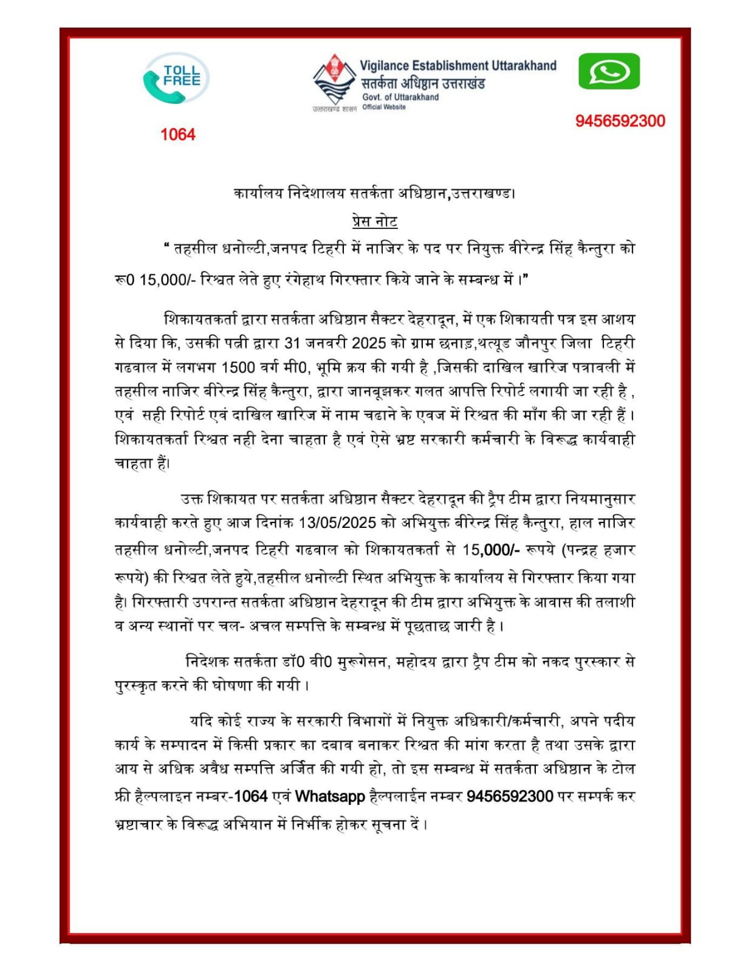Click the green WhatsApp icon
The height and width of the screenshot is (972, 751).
coord(608,71)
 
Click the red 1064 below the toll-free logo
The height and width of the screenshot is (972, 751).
coord(177,134)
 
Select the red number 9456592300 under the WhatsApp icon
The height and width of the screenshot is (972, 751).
coord(620,121)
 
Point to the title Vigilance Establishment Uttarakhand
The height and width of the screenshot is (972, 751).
coord(458,66)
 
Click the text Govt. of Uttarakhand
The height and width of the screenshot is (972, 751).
coord(400,97)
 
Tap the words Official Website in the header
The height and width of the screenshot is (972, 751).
coord(384,107)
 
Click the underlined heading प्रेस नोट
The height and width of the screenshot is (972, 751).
coord(375,221)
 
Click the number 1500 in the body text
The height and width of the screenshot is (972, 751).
coord(241,367)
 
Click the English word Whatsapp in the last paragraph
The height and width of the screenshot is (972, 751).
coord(330,796)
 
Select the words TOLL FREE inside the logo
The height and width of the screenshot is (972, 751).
coord(181,76)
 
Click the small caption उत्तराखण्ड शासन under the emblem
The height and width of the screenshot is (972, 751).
coord(334,109)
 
